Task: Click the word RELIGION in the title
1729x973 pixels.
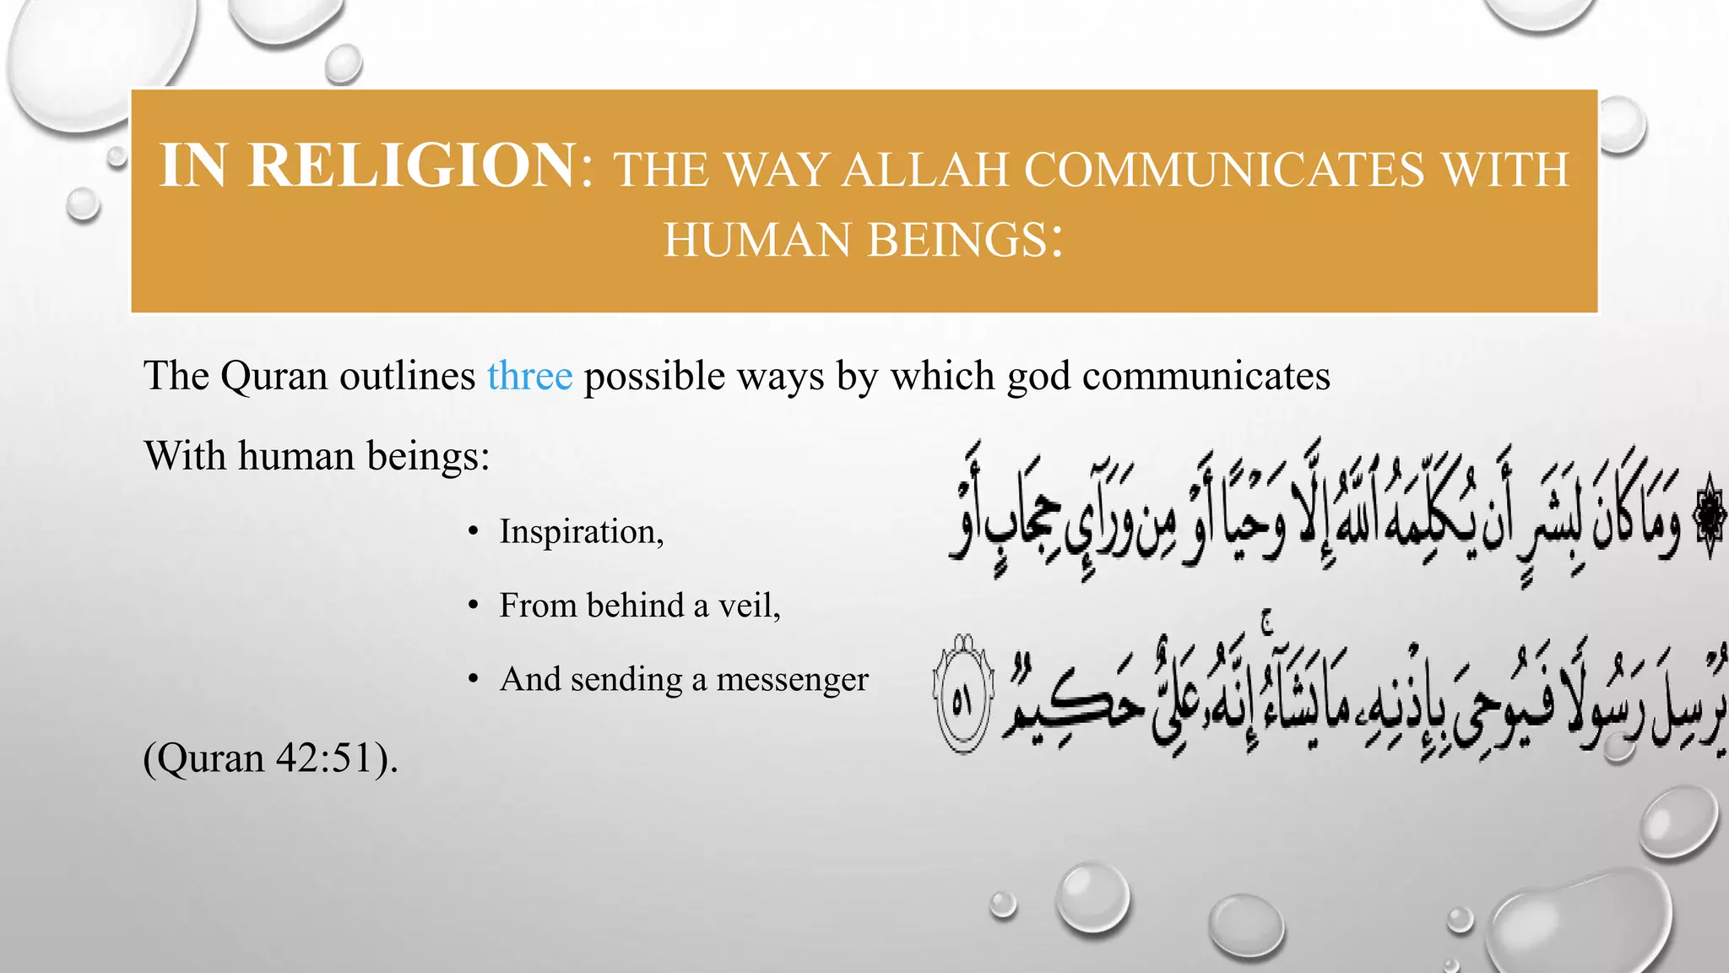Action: [x=412, y=166]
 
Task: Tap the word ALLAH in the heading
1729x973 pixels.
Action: [x=926, y=170]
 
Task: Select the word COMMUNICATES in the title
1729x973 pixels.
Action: [x=1224, y=170]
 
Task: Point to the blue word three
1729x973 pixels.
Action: [x=529, y=376]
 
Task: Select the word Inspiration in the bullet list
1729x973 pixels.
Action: [x=578, y=533]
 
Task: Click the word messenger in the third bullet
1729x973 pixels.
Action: [x=792, y=680]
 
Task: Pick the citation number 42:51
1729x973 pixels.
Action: [x=325, y=758]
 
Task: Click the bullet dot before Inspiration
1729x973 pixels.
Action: [x=474, y=532]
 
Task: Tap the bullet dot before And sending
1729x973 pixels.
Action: [x=474, y=680]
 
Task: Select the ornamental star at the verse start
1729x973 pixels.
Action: [x=1710, y=517]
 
